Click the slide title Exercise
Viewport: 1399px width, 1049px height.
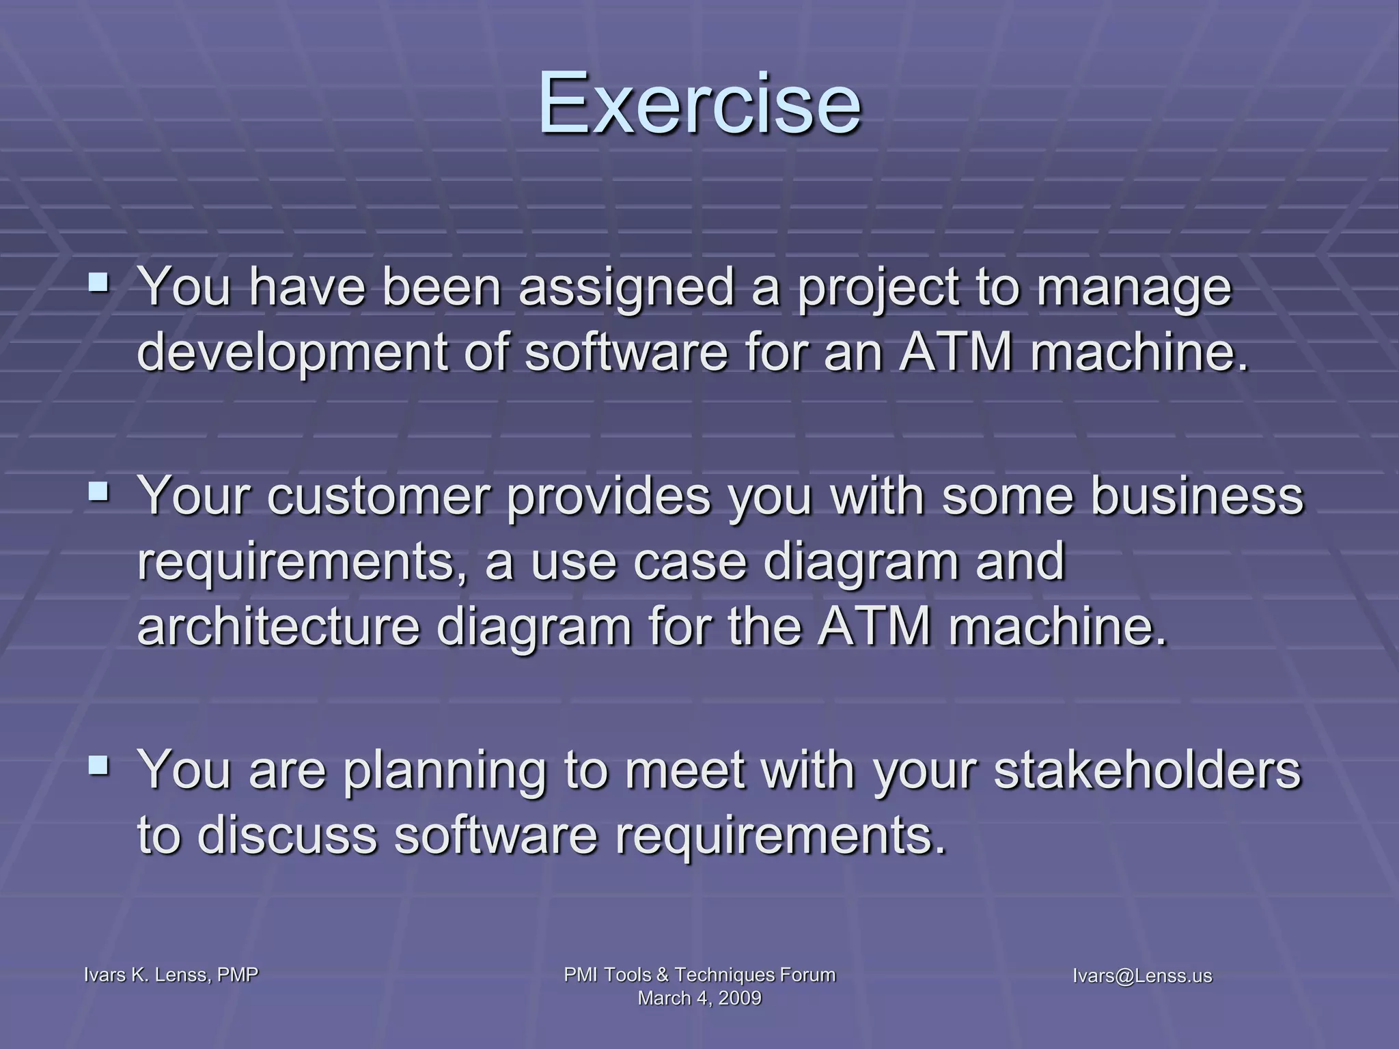699,104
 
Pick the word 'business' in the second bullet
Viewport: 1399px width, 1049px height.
1196,495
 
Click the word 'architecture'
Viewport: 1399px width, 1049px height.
278,626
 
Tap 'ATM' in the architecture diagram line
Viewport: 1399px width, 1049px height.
874,626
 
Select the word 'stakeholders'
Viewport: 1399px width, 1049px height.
1147,770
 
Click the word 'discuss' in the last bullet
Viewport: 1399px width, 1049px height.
287,835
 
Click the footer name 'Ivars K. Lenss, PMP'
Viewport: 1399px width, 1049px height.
171,975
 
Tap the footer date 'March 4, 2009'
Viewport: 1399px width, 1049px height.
699,998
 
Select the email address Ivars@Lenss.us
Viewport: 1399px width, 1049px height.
1142,975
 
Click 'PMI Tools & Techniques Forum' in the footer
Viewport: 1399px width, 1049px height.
699,975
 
